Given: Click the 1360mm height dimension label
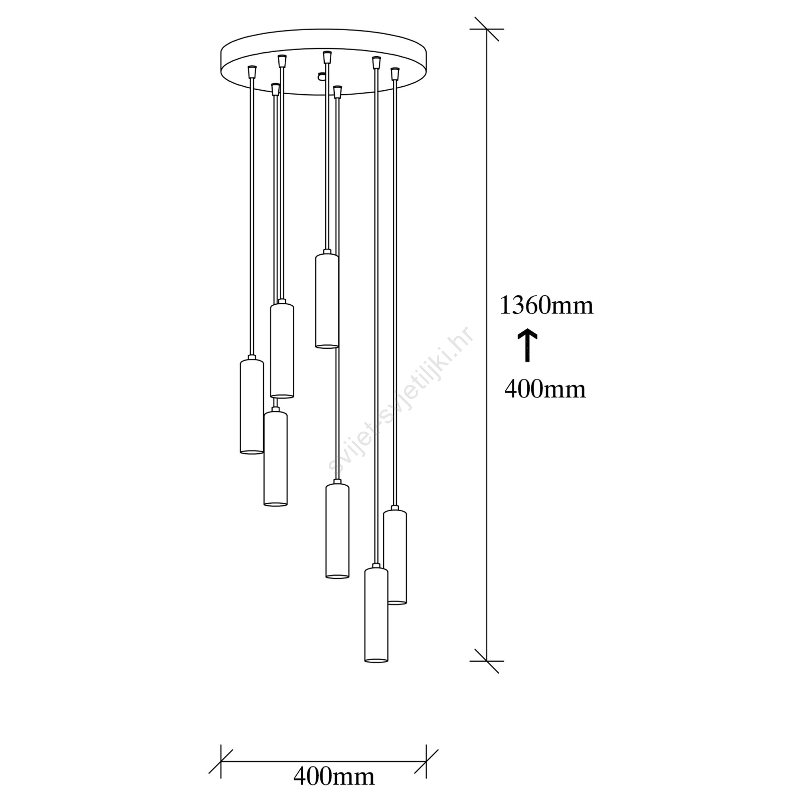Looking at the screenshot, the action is point(546,305).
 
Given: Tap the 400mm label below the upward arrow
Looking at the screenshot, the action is point(545,389).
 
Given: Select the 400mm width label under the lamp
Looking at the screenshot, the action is point(334,777).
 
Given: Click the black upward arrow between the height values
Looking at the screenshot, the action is point(527,345).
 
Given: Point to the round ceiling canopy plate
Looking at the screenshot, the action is point(324,62).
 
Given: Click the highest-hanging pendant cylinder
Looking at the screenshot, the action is point(327,300).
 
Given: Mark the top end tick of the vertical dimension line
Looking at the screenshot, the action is point(487,29).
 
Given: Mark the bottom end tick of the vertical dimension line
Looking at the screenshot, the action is point(487,661).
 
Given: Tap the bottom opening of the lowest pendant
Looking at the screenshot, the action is point(376,660).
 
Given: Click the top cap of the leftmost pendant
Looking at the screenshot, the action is point(252,359).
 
